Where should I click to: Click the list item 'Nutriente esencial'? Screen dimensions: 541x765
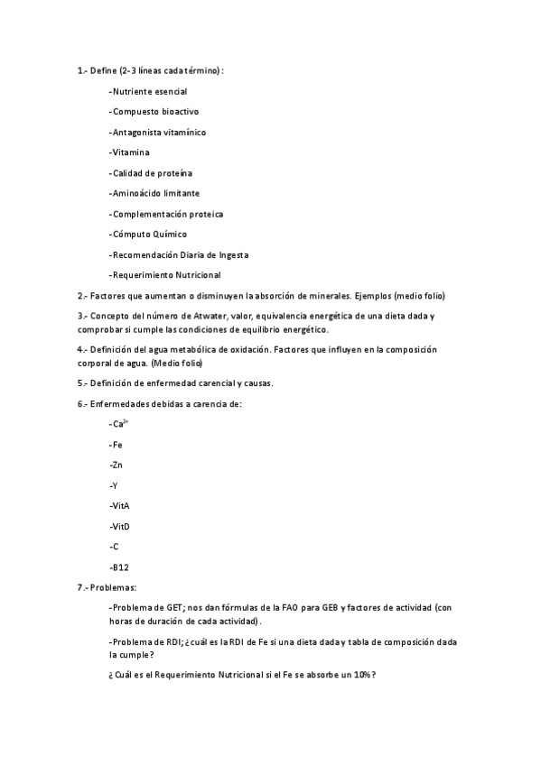(149, 91)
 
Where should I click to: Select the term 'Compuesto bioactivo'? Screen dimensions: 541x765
(154, 112)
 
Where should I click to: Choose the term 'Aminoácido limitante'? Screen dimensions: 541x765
(155, 193)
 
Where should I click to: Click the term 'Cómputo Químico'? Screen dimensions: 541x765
(149, 235)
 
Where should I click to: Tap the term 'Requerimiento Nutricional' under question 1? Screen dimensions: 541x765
(166, 275)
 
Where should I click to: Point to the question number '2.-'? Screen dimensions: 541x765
(82, 295)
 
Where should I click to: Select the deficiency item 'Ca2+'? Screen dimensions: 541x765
(119, 423)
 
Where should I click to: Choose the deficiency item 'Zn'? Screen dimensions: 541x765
(116, 465)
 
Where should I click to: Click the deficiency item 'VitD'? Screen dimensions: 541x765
(119, 526)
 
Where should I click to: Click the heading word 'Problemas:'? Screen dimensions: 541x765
(114, 587)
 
